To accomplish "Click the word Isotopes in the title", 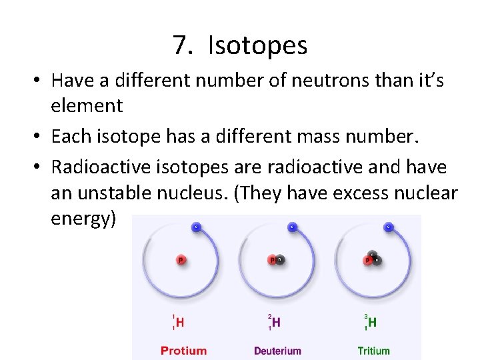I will click(257, 45).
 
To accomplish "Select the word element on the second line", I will click(87, 105).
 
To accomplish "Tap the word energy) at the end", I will click(83, 219).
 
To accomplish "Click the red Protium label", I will click(183, 350).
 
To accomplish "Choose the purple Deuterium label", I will click(277, 350).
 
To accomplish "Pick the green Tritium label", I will click(374, 350).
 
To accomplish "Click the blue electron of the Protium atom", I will click(196, 227).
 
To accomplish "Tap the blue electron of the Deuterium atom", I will click(291, 227).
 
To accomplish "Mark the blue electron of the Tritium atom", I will click(388, 227).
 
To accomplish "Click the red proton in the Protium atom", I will click(180, 259).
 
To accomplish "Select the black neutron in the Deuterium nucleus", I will click(280, 260).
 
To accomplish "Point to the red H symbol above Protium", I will click(180, 323).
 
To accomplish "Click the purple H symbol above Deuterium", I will click(276, 323).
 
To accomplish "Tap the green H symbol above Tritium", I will click(372, 323).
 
